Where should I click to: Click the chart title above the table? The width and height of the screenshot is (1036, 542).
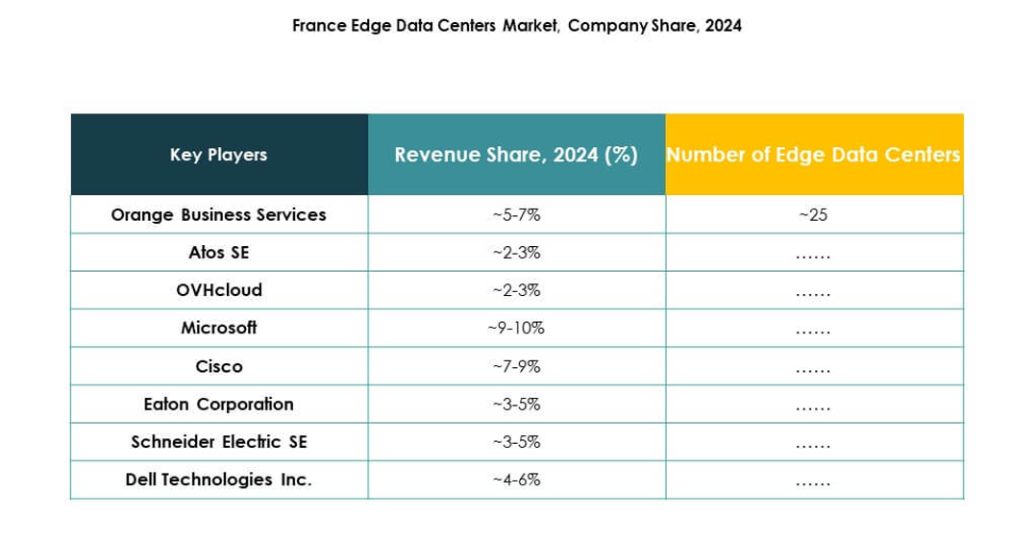(x=516, y=27)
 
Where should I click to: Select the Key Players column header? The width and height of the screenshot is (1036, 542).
(x=218, y=155)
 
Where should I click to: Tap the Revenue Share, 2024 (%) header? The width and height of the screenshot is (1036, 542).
(x=516, y=155)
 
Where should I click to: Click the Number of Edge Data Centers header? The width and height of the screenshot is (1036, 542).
(x=813, y=155)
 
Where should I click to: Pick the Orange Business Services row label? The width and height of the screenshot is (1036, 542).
(x=218, y=215)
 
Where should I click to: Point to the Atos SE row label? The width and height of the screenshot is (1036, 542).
(x=218, y=253)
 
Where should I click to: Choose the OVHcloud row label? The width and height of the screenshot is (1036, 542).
(x=218, y=290)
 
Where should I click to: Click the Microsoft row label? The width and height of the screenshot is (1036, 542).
(x=218, y=328)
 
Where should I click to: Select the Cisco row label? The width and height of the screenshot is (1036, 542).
(x=218, y=366)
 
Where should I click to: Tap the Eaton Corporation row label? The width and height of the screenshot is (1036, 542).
(x=218, y=404)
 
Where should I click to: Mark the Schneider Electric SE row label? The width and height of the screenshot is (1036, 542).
(x=218, y=442)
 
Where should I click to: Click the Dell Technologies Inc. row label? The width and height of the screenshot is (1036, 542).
(x=218, y=480)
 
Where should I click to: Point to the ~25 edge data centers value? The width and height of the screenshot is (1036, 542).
(x=813, y=215)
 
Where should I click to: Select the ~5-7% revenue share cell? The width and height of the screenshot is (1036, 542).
(x=516, y=215)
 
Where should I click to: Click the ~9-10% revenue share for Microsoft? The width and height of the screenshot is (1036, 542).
(x=516, y=328)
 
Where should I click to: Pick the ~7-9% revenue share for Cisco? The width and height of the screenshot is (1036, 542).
(x=516, y=366)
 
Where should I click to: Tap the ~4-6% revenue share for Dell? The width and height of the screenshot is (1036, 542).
(x=516, y=480)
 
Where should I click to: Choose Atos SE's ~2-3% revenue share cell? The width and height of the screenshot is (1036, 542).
(x=516, y=253)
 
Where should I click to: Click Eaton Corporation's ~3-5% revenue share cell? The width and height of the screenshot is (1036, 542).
(x=516, y=404)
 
